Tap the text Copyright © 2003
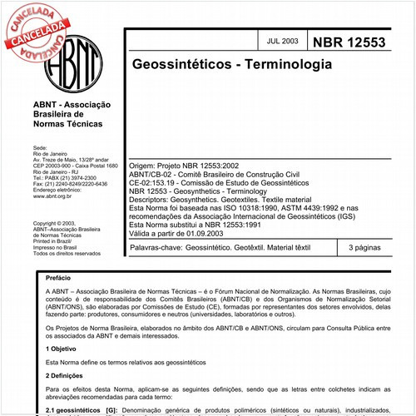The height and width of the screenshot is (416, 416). [54, 224]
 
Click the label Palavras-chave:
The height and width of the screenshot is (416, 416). [156, 248]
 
